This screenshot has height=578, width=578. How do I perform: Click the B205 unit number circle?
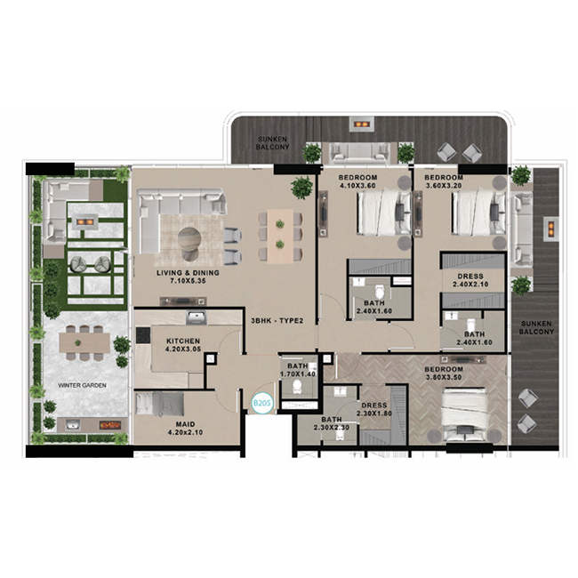[261, 403]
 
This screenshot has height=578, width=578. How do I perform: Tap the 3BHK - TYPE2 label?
[277, 321]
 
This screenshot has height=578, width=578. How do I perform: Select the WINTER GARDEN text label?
[82, 385]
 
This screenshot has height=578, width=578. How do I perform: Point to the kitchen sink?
[197, 317]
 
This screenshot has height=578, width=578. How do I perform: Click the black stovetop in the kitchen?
[142, 335]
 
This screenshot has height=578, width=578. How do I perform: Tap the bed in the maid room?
[159, 404]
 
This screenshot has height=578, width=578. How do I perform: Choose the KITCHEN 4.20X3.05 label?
[183, 345]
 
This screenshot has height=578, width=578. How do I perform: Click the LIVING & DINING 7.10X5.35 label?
[188, 277]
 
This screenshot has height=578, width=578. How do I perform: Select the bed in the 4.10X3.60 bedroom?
[384, 212]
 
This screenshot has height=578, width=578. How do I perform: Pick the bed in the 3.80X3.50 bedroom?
[464, 414]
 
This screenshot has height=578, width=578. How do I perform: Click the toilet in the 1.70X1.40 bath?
[297, 387]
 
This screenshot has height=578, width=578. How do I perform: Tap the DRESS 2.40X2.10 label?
[470, 280]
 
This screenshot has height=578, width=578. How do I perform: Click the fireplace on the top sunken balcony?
[362, 124]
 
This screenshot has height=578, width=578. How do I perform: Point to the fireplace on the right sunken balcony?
[550, 229]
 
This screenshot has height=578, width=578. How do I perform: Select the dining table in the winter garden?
[84, 342]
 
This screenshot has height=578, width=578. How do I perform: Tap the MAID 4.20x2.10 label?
[186, 429]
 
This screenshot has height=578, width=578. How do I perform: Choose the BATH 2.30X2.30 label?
[332, 423]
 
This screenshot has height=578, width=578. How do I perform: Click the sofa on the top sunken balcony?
[360, 153]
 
